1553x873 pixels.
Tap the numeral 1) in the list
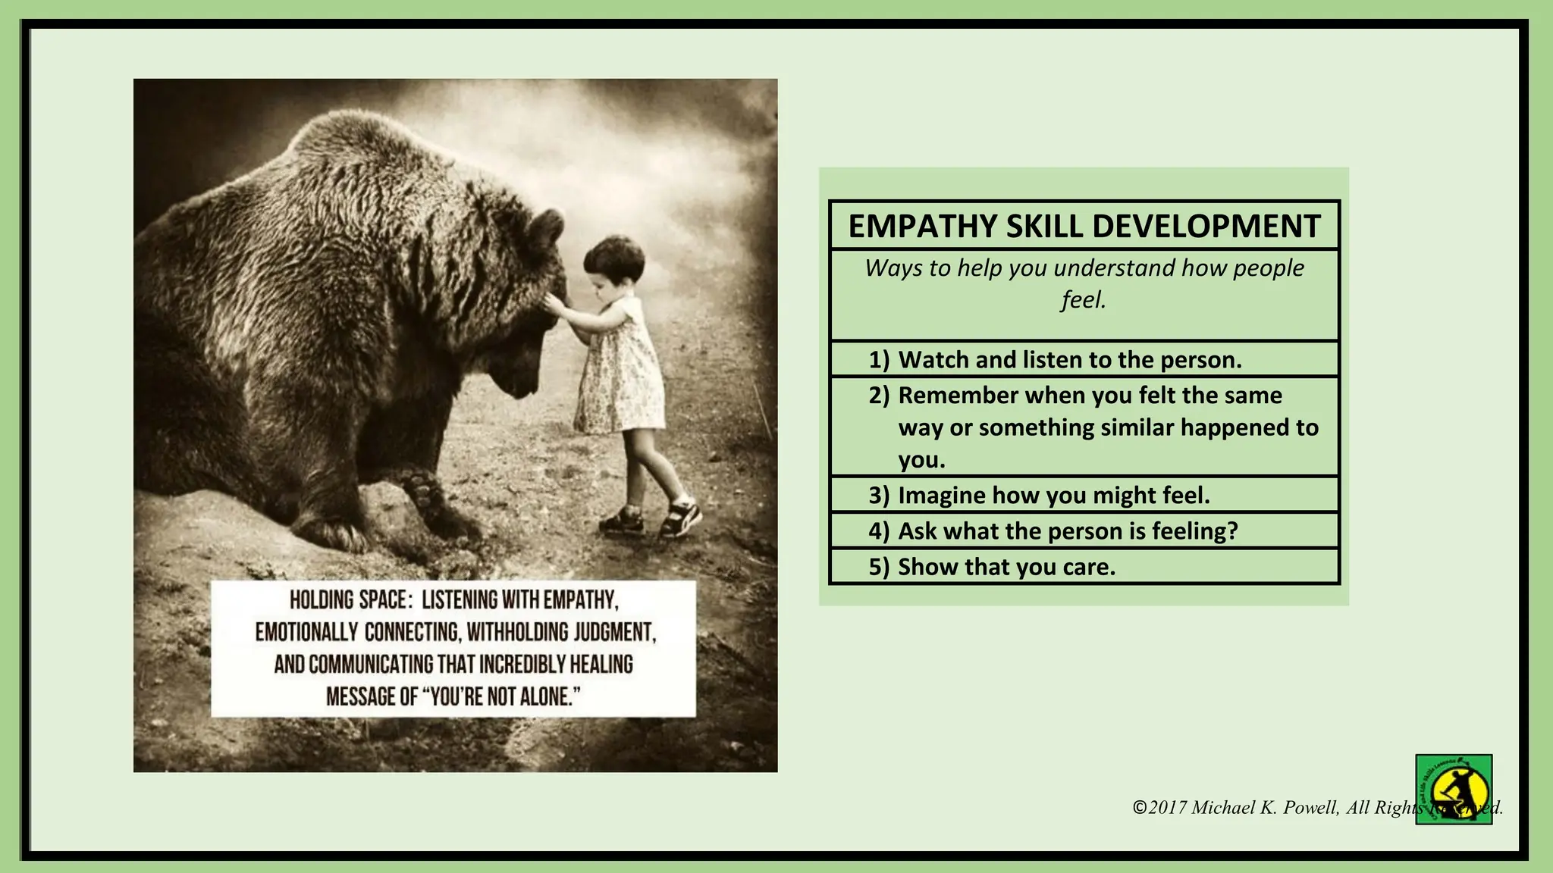tap(879, 360)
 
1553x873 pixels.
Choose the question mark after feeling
tap(1231, 531)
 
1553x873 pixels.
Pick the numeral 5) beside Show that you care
tap(879, 567)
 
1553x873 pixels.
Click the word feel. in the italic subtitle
tap(1084, 300)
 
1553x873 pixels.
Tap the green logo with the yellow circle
tap(1453, 789)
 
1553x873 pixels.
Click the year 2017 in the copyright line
tap(1167, 808)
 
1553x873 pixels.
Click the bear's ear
tap(544, 232)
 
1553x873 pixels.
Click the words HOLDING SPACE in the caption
tap(350, 600)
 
